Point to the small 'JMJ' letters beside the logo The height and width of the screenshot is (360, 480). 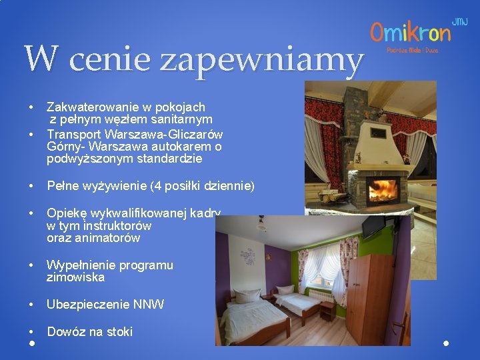click(x=460, y=22)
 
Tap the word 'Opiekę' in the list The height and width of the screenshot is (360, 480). click(x=63, y=213)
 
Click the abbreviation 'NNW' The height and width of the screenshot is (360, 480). click(x=151, y=305)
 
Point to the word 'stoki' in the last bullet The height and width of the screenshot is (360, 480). click(x=119, y=331)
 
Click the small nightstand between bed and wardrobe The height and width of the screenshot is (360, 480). click(x=327, y=310)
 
